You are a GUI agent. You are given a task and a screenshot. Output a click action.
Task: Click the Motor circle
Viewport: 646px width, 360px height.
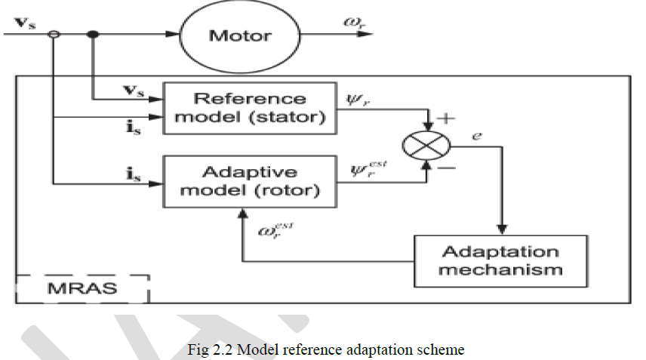pos(239,35)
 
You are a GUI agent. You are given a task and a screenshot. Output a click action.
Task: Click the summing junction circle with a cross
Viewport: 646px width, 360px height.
pos(429,145)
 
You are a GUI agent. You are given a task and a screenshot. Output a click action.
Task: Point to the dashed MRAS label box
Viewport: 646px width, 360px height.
pos(82,288)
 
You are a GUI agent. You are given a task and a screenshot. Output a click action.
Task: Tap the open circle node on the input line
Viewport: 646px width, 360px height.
pos(54,34)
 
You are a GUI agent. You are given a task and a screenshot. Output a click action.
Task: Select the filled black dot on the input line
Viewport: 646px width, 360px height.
pos(93,34)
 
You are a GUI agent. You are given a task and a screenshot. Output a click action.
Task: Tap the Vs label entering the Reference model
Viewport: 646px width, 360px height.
pos(134,91)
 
